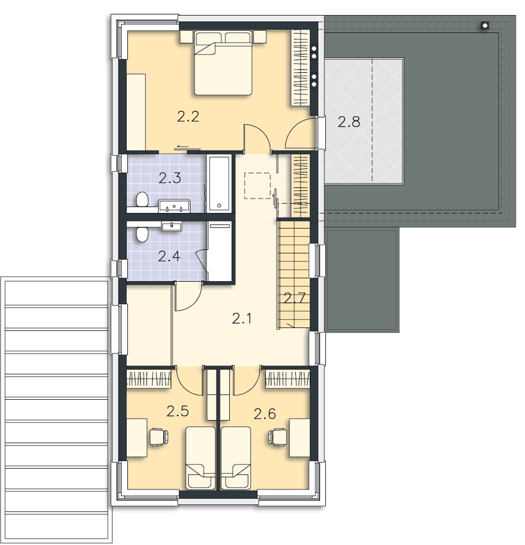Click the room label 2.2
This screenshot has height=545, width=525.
[x=188, y=116]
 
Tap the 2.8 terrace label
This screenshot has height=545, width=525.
[x=348, y=122]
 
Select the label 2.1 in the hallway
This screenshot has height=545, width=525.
[x=242, y=318]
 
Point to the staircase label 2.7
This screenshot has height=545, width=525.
[x=295, y=298]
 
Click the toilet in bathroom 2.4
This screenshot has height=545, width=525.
[x=142, y=234]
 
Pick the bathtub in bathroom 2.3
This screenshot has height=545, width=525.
[x=219, y=183]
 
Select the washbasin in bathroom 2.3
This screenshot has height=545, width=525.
[x=174, y=206]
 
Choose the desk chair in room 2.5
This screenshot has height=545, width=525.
[x=159, y=437]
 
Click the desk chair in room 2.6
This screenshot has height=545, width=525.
[x=278, y=437]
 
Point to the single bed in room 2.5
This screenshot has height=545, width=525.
[x=201, y=458]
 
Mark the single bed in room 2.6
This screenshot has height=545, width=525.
[x=236, y=458]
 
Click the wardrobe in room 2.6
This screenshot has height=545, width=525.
[x=288, y=378]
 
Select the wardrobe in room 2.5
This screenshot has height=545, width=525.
[x=149, y=378]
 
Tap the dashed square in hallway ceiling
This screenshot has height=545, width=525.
[x=257, y=186]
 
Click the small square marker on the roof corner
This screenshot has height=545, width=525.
[x=485, y=25]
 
